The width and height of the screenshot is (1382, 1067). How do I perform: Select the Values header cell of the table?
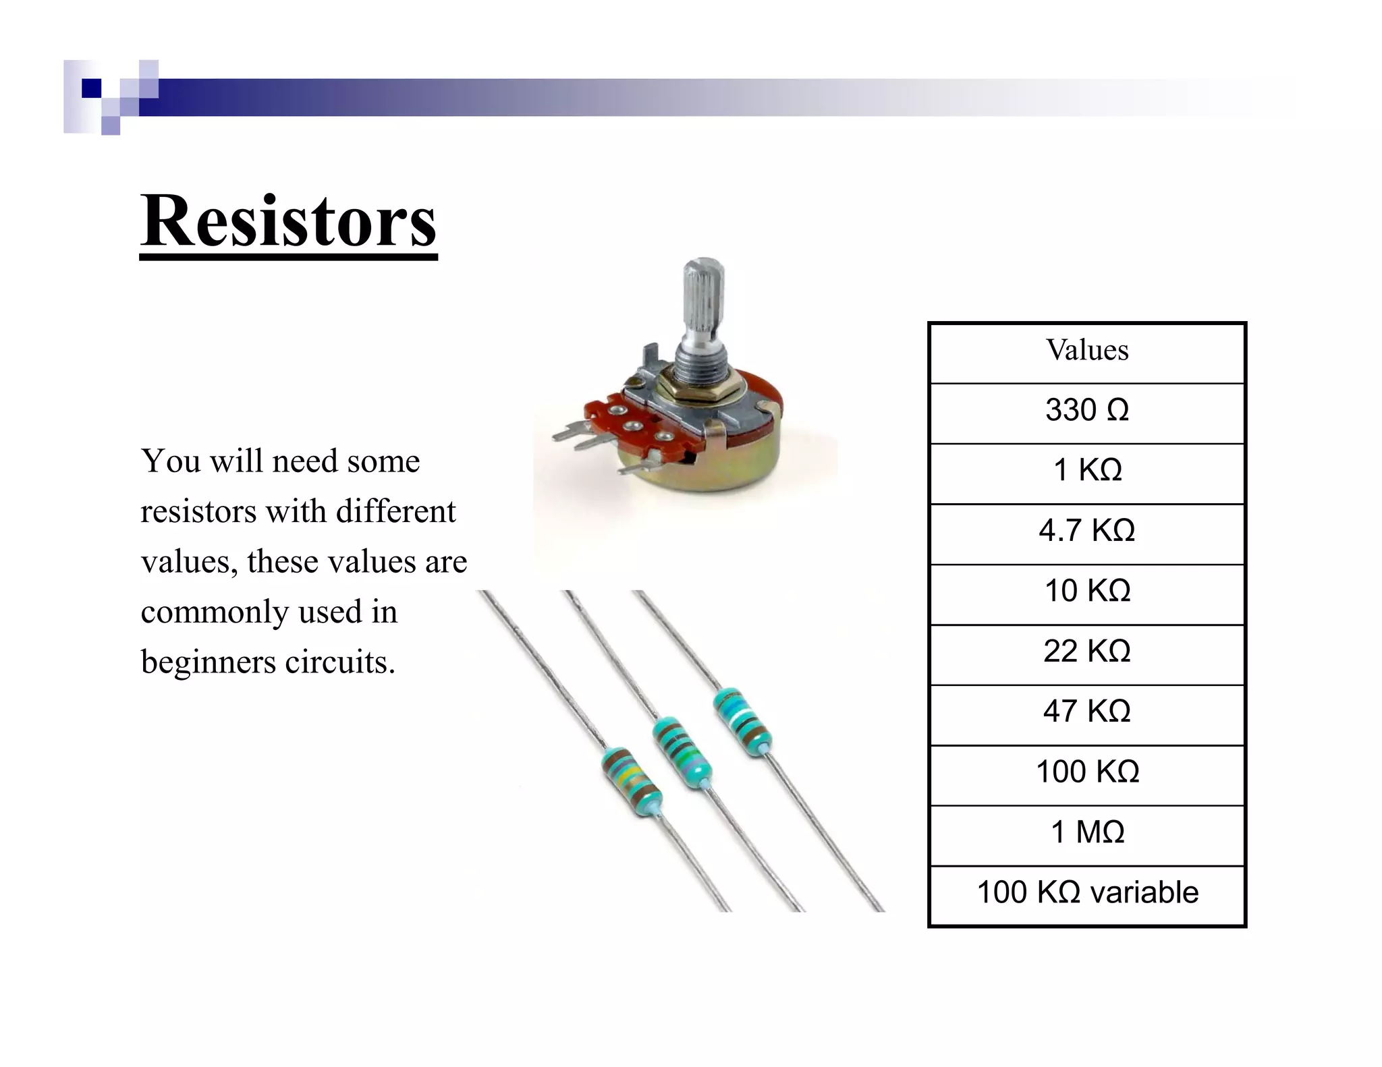tap(1086, 350)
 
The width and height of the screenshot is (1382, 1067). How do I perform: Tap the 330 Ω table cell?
tap(1086, 410)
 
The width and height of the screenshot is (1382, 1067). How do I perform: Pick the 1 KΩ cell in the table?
tap(1086, 470)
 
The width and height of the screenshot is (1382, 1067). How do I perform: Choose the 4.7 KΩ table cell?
tap(1086, 531)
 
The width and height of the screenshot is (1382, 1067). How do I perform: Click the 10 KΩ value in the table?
tap(1086, 591)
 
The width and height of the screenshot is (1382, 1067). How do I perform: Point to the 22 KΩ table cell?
tap(1086, 651)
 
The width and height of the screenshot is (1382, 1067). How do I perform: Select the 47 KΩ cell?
tap(1086, 711)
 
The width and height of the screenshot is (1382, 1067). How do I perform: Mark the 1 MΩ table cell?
tap(1086, 832)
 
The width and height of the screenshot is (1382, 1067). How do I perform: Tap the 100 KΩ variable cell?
tap(1086, 892)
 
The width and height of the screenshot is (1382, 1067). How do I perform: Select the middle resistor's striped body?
tap(682, 752)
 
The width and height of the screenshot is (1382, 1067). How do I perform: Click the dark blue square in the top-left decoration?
tap(91, 88)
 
